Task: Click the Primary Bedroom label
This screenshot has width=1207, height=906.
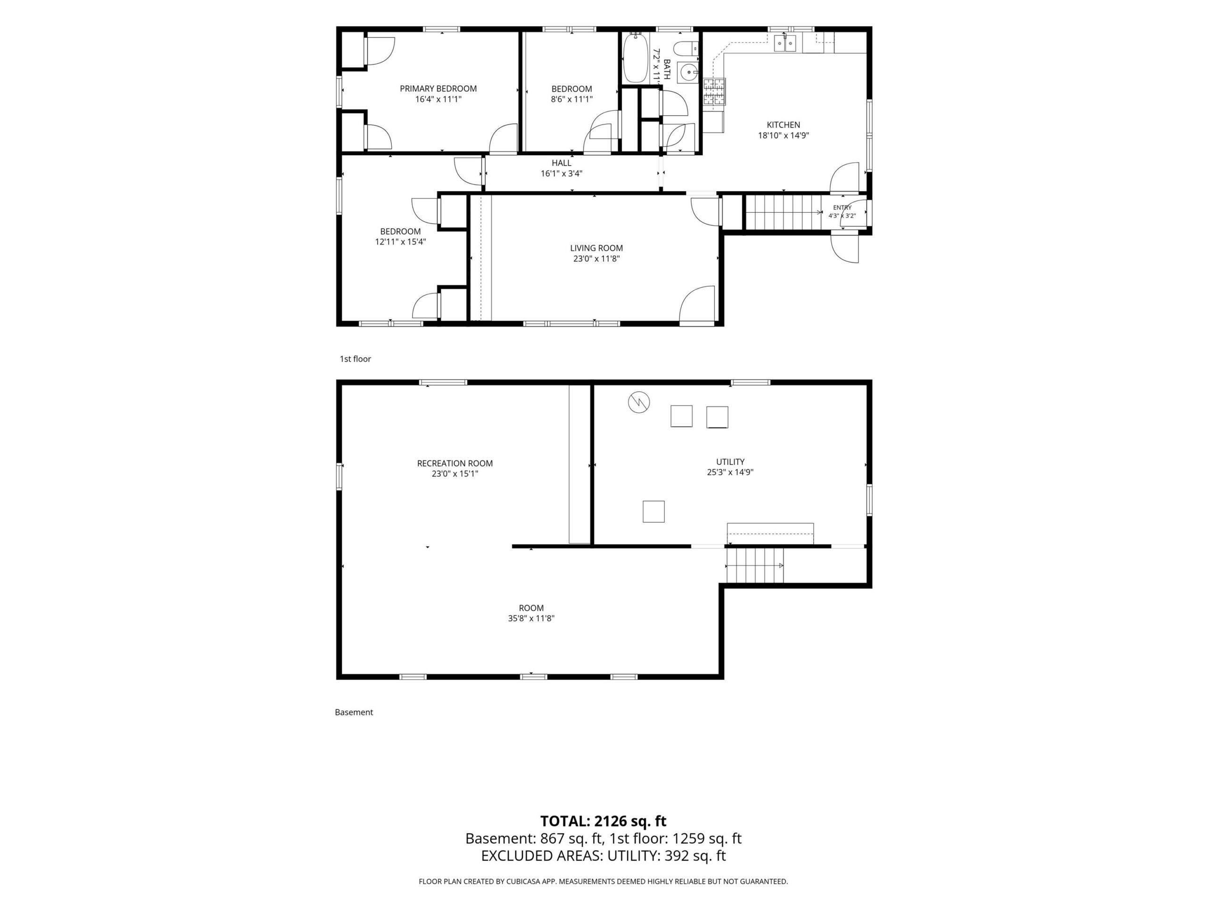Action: [438, 88]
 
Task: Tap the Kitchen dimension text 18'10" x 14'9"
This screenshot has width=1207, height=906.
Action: [783, 135]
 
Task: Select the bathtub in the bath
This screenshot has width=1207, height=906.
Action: [635, 58]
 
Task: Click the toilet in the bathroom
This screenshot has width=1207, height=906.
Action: [686, 49]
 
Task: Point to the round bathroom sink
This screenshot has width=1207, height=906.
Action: [688, 72]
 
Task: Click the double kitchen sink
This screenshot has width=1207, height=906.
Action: [785, 42]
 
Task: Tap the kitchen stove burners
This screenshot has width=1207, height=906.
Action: [714, 91]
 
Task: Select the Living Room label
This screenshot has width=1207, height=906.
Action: [596, 248]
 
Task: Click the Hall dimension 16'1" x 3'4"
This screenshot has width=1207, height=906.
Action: [562, 174]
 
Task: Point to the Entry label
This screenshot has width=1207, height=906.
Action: [842, 208]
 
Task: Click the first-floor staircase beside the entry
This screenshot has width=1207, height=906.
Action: [784, 212]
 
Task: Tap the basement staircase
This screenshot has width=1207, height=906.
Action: [755, 565]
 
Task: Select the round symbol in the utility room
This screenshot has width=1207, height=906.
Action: [639, 403]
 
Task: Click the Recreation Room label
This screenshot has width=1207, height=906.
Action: [455, 463]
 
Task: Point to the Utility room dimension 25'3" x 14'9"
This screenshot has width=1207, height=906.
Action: [730, 472]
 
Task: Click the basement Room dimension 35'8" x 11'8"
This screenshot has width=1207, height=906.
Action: [531, 618]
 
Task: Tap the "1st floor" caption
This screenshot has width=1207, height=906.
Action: [355, 359]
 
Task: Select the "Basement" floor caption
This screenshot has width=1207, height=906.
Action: [354, 712]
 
